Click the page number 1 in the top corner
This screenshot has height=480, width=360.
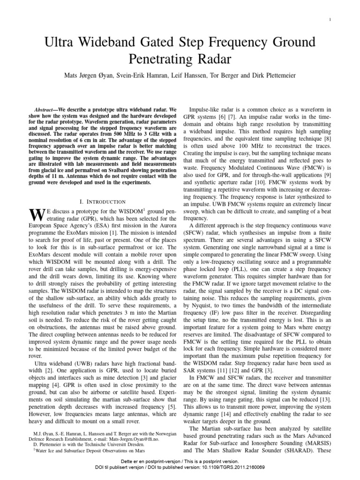(330, 19)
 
